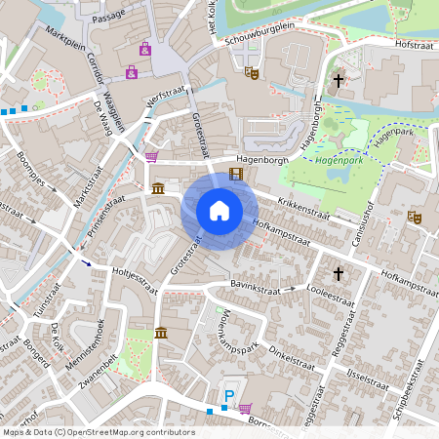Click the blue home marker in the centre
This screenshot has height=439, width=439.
[219, 210]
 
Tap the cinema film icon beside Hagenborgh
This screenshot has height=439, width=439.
[235, 175]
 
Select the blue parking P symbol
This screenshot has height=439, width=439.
[230, 395]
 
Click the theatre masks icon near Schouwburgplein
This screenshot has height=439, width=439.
[252, 71]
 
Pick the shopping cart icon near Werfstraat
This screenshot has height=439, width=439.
[151, 156]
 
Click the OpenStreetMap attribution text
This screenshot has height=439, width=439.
[99, 431]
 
